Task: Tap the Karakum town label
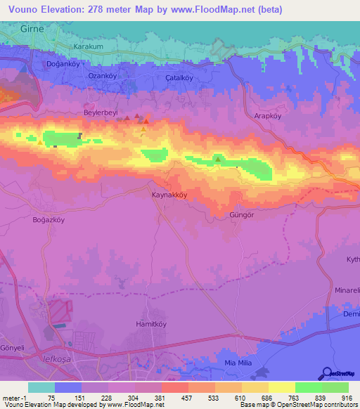88,46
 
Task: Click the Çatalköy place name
179,78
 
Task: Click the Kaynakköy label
170,195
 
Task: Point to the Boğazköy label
49,219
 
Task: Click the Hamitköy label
150,324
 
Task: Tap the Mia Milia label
237,362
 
